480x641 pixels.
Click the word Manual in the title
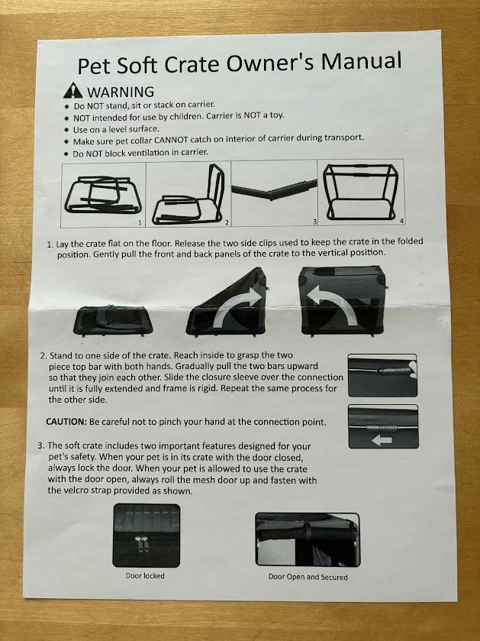[361, 61]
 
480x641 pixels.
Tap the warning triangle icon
[73, 91]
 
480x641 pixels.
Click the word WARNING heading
[121, 92]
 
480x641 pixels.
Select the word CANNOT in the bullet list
[171, 141]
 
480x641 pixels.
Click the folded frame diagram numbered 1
[103, 195]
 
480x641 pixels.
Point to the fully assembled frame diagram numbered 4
[360, 192]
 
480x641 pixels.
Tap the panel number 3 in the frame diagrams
[314, 222]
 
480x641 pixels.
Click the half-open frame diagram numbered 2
[188, 196]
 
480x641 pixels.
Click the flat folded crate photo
[113, 320]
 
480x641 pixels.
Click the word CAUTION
[66, 422]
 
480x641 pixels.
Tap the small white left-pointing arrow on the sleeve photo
[382, 440]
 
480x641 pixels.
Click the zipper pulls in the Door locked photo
[142, 545]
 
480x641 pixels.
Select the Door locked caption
[145, 575]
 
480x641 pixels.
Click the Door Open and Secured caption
[308, 577]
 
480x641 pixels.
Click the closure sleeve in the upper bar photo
[394, 371]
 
